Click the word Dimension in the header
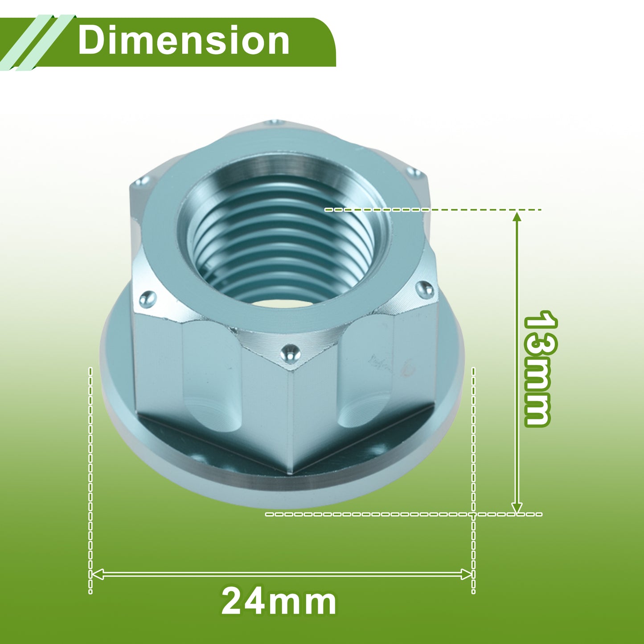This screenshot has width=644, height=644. click(x=184, y=41)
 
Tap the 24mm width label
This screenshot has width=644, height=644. click(x=279, y=602)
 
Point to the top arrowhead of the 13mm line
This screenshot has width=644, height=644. click(x=517, y=217)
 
